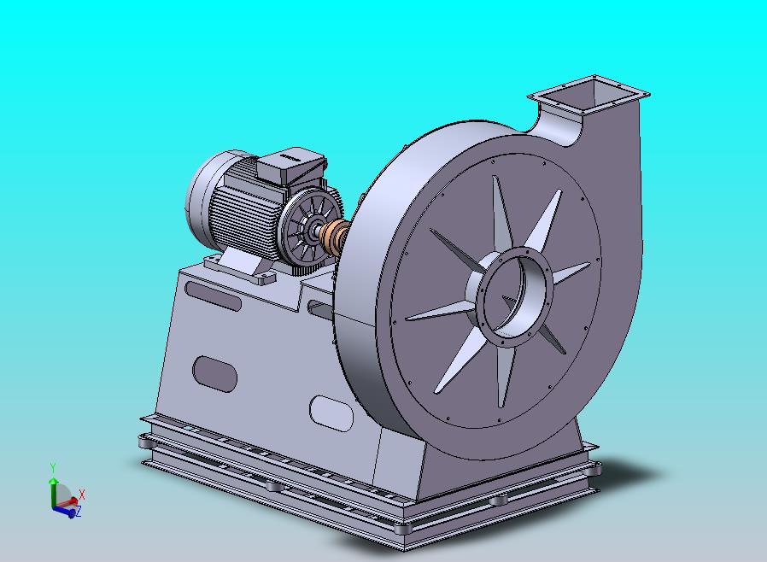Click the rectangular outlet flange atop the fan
pos(589,93)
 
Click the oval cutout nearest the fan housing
pos(330,413)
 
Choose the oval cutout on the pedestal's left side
pos(215,373)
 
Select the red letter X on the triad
pos(82,495)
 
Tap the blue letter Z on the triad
pos(79,512)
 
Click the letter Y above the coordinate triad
pos(53,467)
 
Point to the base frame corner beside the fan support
pos(593,469)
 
